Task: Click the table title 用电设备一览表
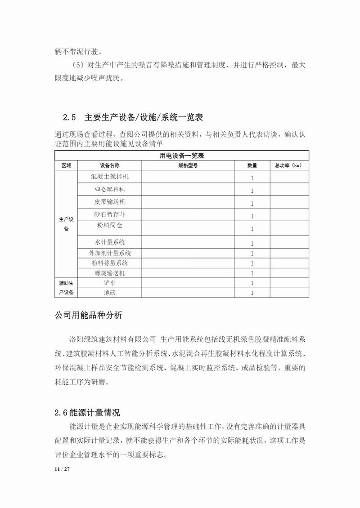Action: (x=182, y=156)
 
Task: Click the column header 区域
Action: (x=66, y=165)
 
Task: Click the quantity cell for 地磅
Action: (x=252, y=293)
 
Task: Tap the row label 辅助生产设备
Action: (x=66, y=288)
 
